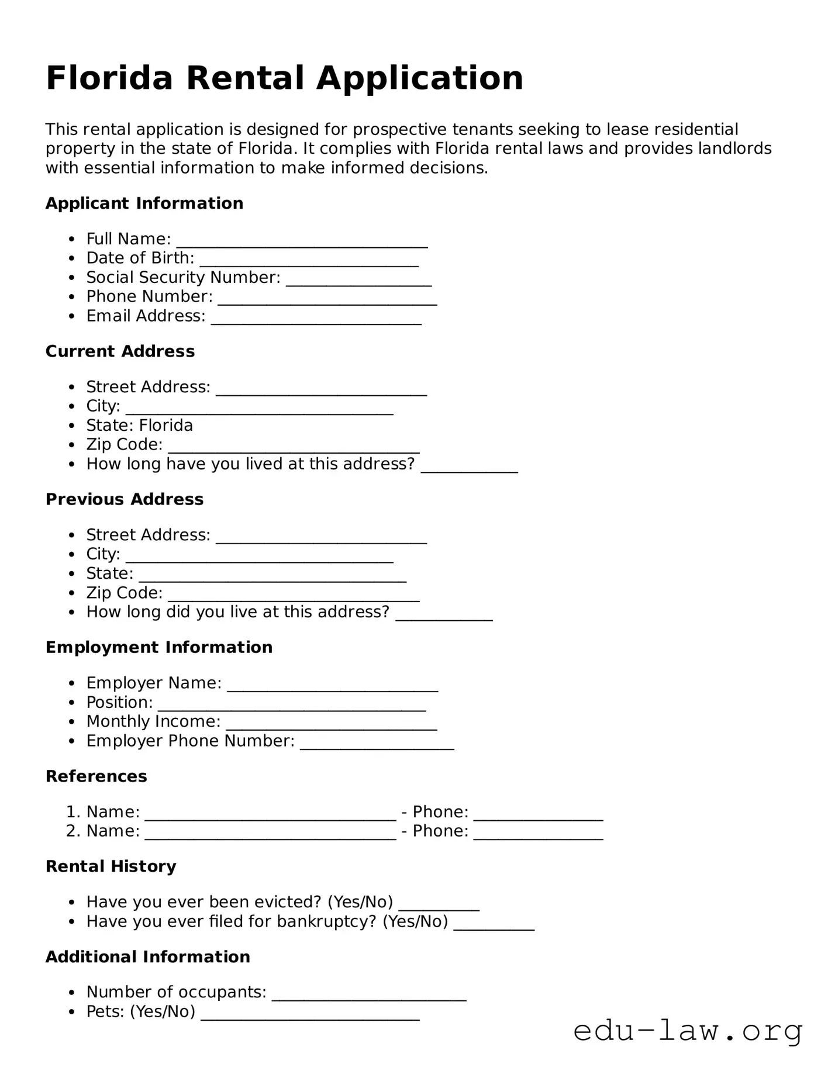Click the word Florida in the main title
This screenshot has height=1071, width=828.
pyautogui.click(x=109, y=78)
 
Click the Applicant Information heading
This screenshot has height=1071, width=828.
pyautogui.click(x=144, y=203)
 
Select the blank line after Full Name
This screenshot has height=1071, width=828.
pyautogui.click(x=302, y=241)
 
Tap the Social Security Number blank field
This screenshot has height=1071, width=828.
pyautogui.click(x=358, y=279)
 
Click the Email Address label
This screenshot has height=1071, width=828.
pyautogui.click(x=146, y=316)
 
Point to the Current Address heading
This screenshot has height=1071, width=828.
pyautogui.click(x=120, y=351)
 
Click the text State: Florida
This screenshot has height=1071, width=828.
pyautogui.click(x=139, y=426)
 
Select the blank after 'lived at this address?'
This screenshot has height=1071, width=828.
pyautogui.click(x=469, y=466)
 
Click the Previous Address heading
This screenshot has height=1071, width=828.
pyautogui.click(x=125, y=499)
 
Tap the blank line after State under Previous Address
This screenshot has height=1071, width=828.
pyautogui.click(x=272, y=575)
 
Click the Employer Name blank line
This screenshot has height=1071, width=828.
pyautogui.click(x=332, y=685)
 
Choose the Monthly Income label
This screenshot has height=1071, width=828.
pyautogui.click(x=153, y=722)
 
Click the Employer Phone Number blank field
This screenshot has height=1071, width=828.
pyautogui.click(x=377, y=743)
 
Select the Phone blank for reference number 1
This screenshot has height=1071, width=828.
pyautogui.click(x=538, y=814)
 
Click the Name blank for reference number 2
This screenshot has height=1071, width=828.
pyautogui.click(x=270, y=833)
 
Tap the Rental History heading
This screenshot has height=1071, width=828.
pyautogui.click(x=111, y=866)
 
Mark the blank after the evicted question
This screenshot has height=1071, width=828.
pyautogui.click(x=439, y=904)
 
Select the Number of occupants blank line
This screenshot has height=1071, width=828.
pyautogui.click(x=368, y=994)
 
